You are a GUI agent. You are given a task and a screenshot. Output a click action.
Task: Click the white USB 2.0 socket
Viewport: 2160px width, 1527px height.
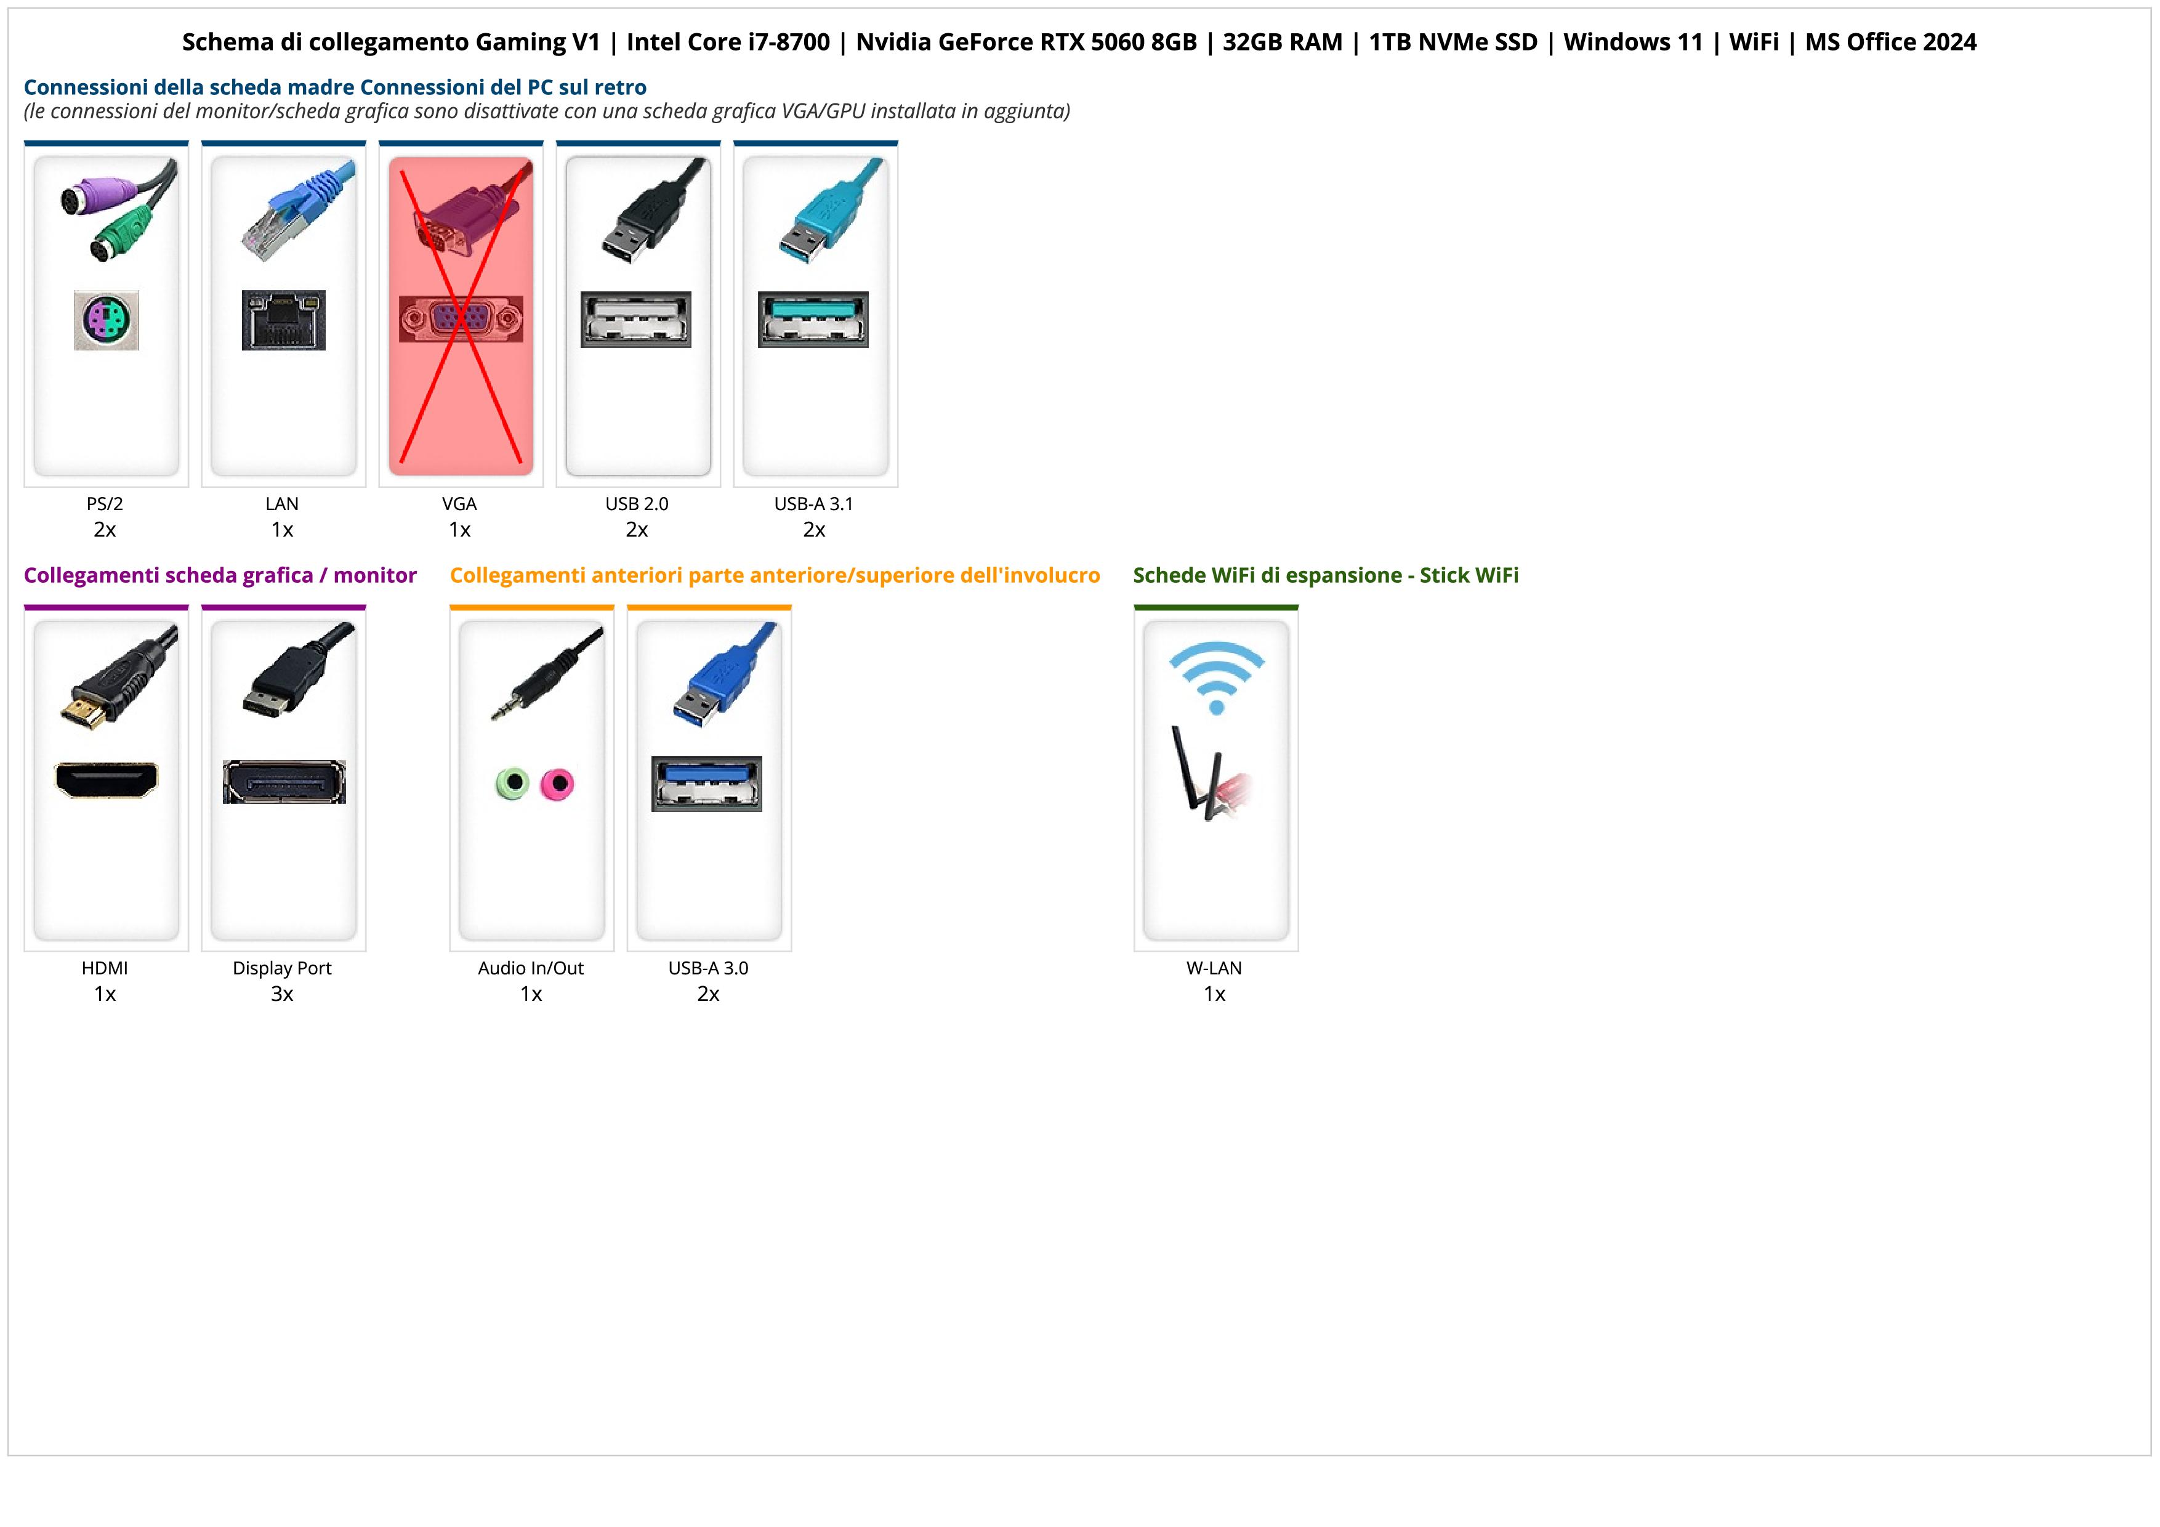[x=636, y=320]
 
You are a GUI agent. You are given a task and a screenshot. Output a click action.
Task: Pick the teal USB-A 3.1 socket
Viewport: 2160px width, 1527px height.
[x=814, y=320]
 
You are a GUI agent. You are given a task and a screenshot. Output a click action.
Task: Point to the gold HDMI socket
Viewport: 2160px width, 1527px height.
[x=107, y=779]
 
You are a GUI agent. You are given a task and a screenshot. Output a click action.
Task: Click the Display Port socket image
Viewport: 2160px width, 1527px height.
[x=284, y=782]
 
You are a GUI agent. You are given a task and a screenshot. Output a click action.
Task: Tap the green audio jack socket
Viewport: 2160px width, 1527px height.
[x=512, y=783]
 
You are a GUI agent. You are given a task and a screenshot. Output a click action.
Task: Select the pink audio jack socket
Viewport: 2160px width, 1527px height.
[x=557, y=783]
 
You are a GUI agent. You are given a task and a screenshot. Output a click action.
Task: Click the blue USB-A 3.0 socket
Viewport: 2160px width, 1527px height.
[x=706, y=783]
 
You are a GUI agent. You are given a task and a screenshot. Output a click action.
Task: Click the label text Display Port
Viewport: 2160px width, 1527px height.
[x=282, y=968]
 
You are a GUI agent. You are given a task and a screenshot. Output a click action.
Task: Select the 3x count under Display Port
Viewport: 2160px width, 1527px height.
[x=282, y=994]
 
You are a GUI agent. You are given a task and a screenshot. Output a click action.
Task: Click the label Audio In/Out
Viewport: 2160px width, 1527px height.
[x=531, y=968]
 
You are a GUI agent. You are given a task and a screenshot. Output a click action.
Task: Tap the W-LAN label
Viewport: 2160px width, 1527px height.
[x=1214, y=968]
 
